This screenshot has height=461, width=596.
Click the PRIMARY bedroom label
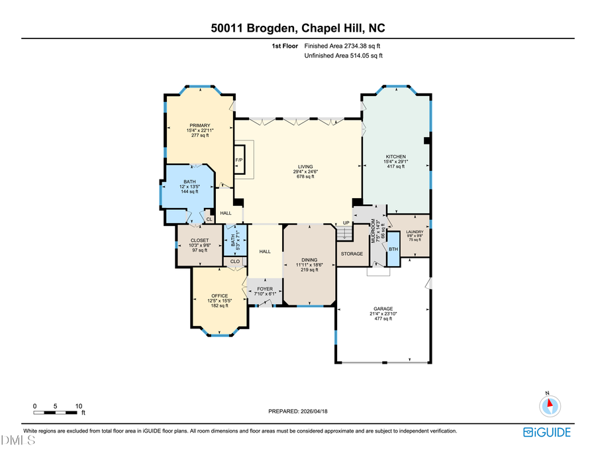coord(199,126)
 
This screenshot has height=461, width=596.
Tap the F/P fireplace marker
coord(238,161)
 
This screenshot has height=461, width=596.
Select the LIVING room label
coord(305,167)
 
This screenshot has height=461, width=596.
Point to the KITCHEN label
coord(396,157)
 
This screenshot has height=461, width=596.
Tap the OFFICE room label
coord(219,296)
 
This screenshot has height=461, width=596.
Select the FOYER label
coord(265,289)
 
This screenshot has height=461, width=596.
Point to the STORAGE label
coord(352,254)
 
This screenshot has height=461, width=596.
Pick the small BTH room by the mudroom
coord(393,249)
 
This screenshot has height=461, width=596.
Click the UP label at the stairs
coord(346,223)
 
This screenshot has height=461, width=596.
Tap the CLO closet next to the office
coord(234,262)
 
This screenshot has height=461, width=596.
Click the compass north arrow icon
coord(548,405)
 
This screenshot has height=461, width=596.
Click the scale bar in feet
coord(57,412)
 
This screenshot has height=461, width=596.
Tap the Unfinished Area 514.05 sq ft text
coord(343,56)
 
